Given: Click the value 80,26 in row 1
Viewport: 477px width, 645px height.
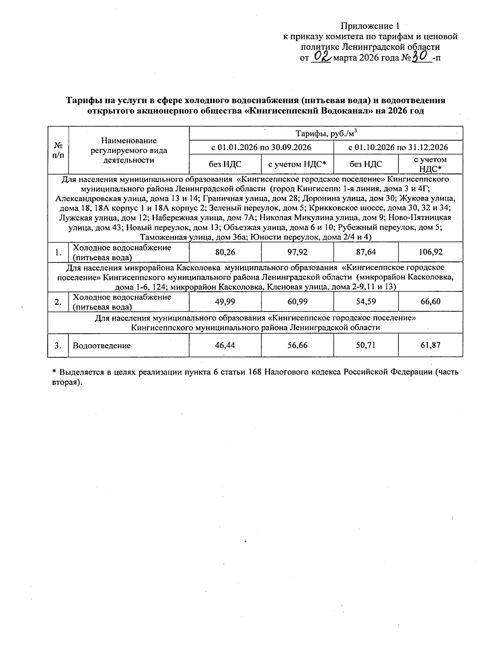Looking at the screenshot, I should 225,252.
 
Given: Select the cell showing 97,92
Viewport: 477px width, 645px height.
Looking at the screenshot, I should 297,252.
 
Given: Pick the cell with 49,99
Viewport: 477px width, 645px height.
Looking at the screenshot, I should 225,302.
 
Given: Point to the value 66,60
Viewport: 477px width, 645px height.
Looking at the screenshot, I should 430,302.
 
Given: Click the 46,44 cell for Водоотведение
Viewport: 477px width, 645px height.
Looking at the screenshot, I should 225,345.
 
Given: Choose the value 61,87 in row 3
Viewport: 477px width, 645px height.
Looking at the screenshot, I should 430,345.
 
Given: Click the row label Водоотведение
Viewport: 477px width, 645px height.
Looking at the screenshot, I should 102,346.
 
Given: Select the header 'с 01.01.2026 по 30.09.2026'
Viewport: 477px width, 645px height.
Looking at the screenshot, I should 261,147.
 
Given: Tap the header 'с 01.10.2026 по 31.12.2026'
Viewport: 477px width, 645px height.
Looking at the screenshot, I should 398,147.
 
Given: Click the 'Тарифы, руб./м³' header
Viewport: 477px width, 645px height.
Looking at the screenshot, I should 326,133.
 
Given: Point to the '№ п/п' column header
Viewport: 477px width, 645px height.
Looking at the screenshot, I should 58,150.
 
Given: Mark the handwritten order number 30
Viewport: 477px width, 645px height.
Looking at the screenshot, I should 420,57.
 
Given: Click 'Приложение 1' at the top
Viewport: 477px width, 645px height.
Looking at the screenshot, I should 370,26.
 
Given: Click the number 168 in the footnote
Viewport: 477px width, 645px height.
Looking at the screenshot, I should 254,372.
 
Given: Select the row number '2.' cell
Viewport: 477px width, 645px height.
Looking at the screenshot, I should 58,302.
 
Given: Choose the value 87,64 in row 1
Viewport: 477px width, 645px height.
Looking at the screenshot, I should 365,252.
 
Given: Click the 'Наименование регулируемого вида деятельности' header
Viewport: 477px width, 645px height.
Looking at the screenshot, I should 129,150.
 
